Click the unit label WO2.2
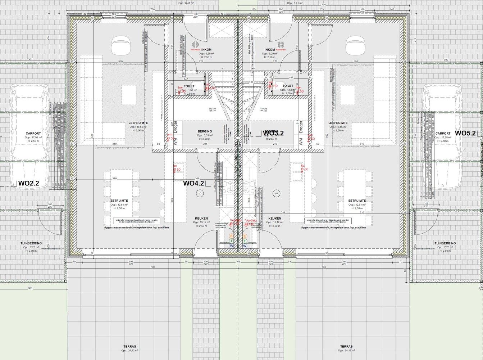28,184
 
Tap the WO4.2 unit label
193,183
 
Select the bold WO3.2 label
273,133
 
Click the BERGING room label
205,131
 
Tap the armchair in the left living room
121,46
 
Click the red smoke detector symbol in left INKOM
196,44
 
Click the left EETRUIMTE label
119,201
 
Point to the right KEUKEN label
274,219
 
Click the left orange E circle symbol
231,236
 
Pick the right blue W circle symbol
245,246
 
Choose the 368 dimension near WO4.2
197,179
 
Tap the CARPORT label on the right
442,134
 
